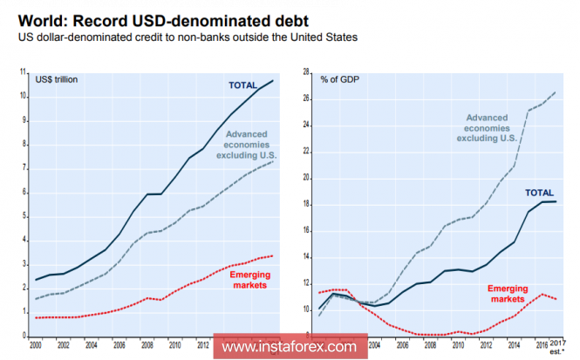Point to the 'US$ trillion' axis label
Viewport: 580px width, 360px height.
(57, 79)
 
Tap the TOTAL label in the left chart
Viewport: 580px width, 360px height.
(242, 85)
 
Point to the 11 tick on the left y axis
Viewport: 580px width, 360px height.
(23, 72)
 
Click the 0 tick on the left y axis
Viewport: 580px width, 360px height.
(24, 336)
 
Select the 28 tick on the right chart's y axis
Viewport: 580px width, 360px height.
(307, 72)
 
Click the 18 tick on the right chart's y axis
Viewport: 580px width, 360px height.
(307, 204)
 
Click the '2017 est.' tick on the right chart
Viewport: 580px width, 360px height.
(556, 348)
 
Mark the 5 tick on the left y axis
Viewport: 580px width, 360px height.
(24, 216)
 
